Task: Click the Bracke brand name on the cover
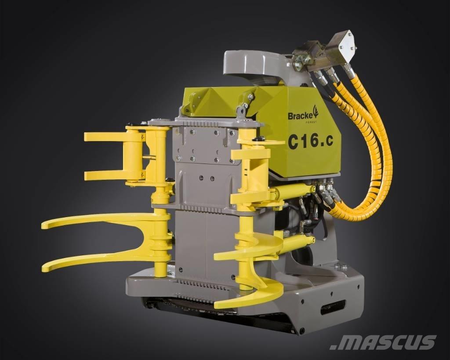[x=299, y=116]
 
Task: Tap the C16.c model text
[x=311, y=142]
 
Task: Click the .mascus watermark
[x=383, y=342]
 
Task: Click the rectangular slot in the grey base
[x=334, y=309]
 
